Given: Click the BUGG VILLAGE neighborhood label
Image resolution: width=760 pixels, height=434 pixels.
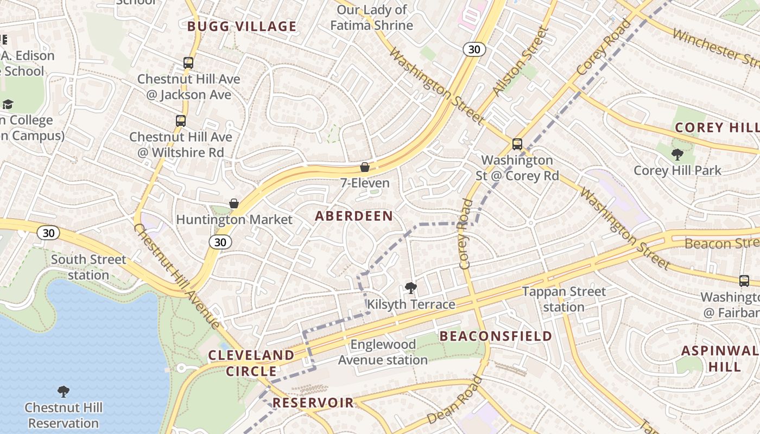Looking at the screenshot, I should coord(242,27).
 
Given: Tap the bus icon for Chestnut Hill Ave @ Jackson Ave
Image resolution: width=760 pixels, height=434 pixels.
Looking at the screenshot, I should coord(188,63).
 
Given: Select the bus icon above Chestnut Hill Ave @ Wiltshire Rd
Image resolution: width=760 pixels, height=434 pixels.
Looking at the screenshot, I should coord(181,121).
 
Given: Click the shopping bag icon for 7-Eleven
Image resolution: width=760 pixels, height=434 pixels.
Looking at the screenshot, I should coord(365,167).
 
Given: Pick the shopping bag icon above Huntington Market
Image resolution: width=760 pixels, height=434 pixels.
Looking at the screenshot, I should coord(234,203).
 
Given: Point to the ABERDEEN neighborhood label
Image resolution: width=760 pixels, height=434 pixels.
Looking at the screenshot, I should coord(354,216).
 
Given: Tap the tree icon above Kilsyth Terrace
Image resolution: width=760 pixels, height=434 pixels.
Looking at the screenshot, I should coord(411,288).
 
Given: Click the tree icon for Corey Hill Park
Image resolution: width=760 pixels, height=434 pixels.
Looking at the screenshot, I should coord(677,155).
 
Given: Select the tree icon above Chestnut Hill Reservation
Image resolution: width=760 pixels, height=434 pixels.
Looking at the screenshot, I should coord(64,391).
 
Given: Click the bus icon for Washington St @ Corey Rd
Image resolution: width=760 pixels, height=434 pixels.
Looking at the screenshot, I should coord(517,144).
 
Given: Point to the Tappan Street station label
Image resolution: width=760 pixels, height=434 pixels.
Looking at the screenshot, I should coord(563,299).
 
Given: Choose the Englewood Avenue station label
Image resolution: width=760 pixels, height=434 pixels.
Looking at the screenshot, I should coord(383,352).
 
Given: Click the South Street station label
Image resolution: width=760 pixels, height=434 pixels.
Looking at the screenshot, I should coord(88,267).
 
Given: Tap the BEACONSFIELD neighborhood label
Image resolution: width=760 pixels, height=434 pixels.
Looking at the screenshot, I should coord(496,336).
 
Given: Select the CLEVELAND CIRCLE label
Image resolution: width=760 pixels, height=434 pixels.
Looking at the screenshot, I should coord(251,363).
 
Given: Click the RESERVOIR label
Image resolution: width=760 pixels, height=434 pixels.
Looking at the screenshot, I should coord(313,403).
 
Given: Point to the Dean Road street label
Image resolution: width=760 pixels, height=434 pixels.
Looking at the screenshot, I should coord(454,400).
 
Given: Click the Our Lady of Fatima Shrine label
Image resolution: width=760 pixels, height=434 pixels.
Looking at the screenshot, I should coord(372,17).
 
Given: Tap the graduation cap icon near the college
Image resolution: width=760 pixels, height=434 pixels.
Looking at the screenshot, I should coord(8,104).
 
